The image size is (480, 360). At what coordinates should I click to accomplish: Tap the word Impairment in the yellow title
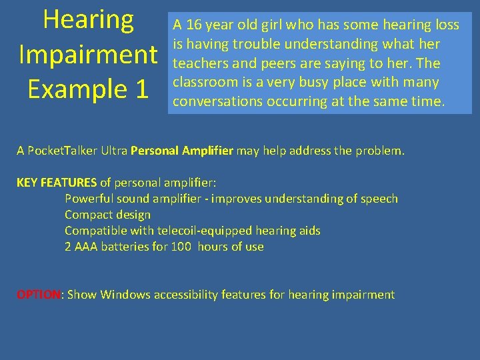pyautogui.click(x=88, y=55)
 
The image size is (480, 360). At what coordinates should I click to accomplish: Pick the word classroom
pyautogui.click(x=204, y=83)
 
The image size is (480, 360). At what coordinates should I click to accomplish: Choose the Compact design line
pyautogui.click(x=107, y=215)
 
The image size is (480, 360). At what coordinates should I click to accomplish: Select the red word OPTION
pyautogui.click(x=39, y=295)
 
